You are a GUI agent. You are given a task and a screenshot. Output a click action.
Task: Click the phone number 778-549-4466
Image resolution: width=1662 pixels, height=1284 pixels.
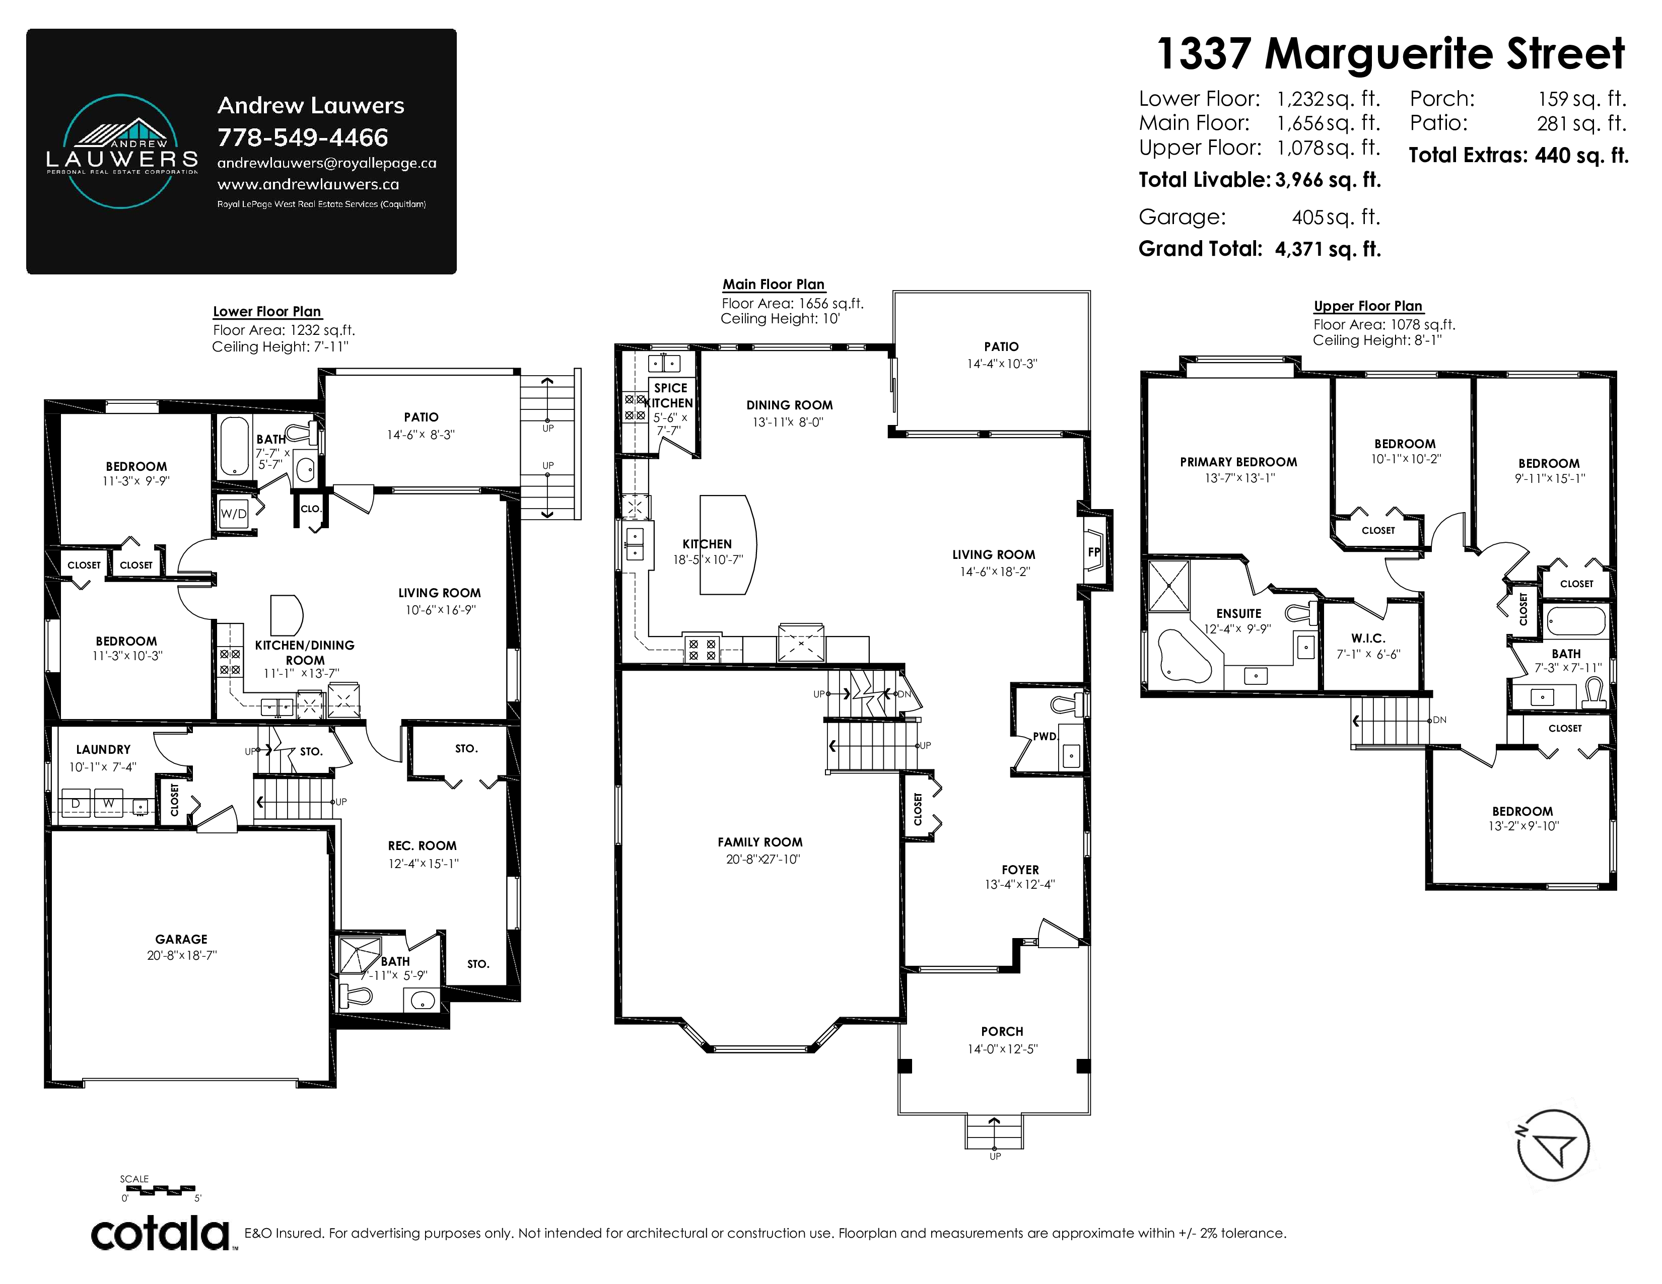pos(303,137)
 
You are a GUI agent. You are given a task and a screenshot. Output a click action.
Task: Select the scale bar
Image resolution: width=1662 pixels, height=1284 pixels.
pos(161,1188)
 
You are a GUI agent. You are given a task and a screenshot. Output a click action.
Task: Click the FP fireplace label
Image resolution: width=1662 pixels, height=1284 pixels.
pos(1093,552)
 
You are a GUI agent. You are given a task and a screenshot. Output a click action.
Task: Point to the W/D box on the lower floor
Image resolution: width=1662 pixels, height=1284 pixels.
pos(234,514)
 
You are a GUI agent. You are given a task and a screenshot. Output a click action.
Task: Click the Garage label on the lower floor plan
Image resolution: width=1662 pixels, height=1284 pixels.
pos(181,940)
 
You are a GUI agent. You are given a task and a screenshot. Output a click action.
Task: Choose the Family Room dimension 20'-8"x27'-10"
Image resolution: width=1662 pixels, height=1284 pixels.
pos(763,860)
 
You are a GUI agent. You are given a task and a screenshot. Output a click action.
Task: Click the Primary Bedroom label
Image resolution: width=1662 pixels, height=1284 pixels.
pos(1238,462)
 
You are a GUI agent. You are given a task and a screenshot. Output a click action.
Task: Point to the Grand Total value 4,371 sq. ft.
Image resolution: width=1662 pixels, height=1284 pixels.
pos(1328,249)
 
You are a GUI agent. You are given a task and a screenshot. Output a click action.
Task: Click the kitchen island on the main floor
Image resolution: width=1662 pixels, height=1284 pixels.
pos(728,545)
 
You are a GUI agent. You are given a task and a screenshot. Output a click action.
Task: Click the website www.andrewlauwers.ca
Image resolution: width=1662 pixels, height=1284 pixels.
pos(308,184)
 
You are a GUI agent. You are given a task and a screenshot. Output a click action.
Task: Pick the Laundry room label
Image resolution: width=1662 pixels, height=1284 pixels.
pos(103,749)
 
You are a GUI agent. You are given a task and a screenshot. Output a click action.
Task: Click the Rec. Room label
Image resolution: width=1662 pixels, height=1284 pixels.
pos(423,846)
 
